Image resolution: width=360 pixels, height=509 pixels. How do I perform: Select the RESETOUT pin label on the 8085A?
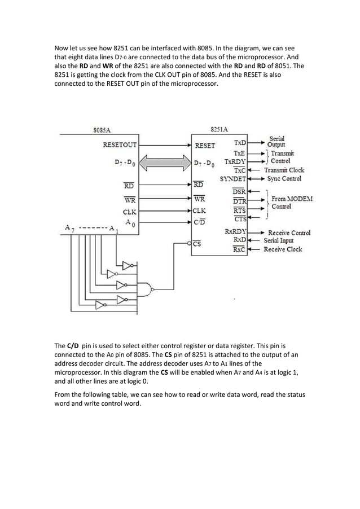click(x=119, y=144)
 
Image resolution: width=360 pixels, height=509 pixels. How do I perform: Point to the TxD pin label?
click(x=240, y=144)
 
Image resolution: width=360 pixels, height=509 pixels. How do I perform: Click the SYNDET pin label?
click(x=232, y=179)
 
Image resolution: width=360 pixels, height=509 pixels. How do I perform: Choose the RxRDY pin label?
click(x=236, y=232)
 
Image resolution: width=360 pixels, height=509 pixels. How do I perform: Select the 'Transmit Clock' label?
click(x=284, y=170)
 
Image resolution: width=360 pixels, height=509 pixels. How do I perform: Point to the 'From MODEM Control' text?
click(x=292, y=203)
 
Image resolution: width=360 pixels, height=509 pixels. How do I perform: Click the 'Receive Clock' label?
click(x=283, y=249)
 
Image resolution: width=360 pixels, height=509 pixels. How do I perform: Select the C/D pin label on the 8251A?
click(x=199, y=222)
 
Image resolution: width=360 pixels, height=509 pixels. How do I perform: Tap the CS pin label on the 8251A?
click(x=197, y=244)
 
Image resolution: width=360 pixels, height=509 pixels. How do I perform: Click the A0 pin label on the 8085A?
click(x=129, y=223)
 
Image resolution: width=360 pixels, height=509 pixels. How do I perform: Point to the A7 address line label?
click(x=68, y=228)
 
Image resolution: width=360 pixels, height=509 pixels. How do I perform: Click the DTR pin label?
click(x=239, y=201)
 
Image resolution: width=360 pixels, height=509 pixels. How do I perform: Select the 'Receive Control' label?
click(x=289, y=232)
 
